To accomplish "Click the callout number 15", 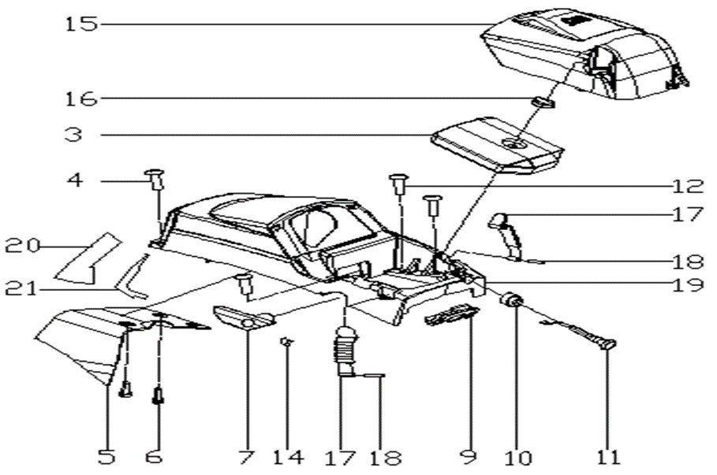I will click(x=82, y=24).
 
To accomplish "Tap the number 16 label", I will click(x=82, y=98).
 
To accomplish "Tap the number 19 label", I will click(x=688, y=284).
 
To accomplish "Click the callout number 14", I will click(x=287, y=456).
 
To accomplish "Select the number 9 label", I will click(x=469, y=456).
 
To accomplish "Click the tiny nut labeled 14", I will click(x=287, y=340).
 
